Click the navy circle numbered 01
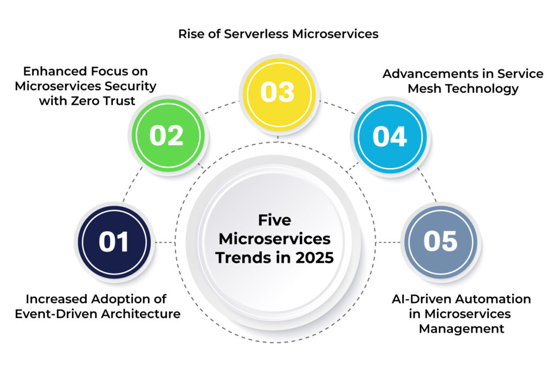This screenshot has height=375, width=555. (114, 242)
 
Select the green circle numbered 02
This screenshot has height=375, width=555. (168, 135)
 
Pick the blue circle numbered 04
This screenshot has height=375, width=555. (390, 136)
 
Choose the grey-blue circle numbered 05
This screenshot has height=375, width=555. (441, 242)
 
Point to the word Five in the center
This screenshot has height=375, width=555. (275, 220)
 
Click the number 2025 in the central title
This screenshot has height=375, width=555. (314, 258)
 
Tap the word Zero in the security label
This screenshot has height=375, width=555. (85, 100)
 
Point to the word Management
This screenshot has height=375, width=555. (462, 329)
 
